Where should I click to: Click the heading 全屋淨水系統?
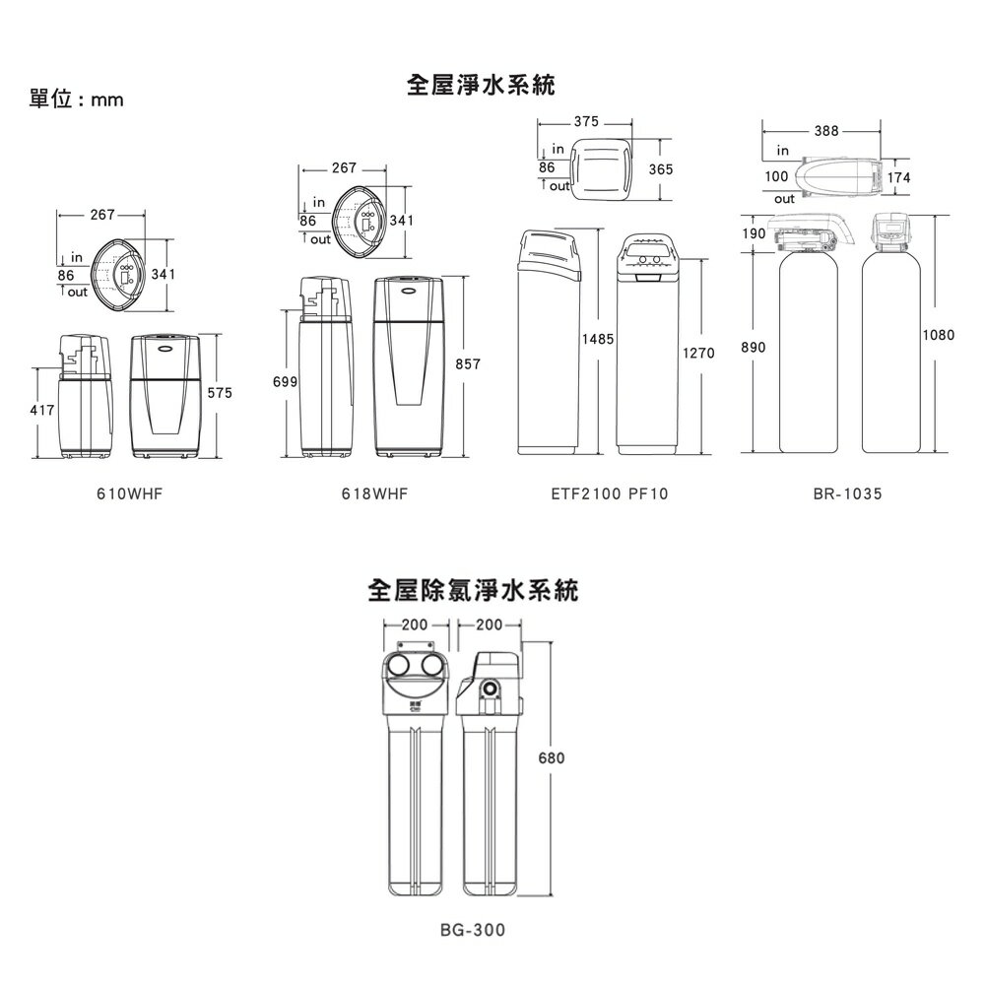pos(482,87)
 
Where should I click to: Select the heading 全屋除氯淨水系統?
pos(473,591)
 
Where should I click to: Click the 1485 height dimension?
pos(598,339)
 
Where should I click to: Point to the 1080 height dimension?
pos(939,336)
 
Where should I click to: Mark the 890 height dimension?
pos(754,349)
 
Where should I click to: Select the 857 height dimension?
pos(467,364)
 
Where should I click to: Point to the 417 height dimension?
pos(44,407)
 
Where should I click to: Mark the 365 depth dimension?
pos(661,170)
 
